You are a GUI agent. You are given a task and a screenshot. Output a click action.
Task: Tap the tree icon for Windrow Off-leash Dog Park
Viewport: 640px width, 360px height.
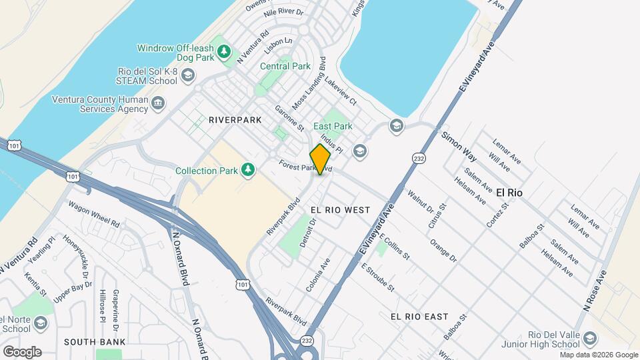click(225, 52)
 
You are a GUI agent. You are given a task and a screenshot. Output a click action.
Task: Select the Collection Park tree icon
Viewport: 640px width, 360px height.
click(248, 171)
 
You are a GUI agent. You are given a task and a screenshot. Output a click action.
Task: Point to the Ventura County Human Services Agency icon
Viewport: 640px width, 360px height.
click(159, 104)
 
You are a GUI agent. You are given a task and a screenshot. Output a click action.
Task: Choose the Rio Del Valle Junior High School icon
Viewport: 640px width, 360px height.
click(590, 339)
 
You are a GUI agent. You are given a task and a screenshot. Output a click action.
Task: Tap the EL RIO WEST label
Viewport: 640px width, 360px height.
click(340, 210)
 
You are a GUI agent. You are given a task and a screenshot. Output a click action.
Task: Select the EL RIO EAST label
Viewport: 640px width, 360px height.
click(419, 316)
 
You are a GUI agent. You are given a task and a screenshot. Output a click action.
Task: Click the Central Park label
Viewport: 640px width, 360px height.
click(285, 67)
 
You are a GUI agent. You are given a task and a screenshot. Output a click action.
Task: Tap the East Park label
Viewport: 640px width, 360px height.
click(333, 126)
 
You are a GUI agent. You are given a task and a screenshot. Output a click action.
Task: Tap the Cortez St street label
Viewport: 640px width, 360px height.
click(498, 215)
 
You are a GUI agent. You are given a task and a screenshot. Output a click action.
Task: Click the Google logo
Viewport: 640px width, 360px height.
click(21, 351)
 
